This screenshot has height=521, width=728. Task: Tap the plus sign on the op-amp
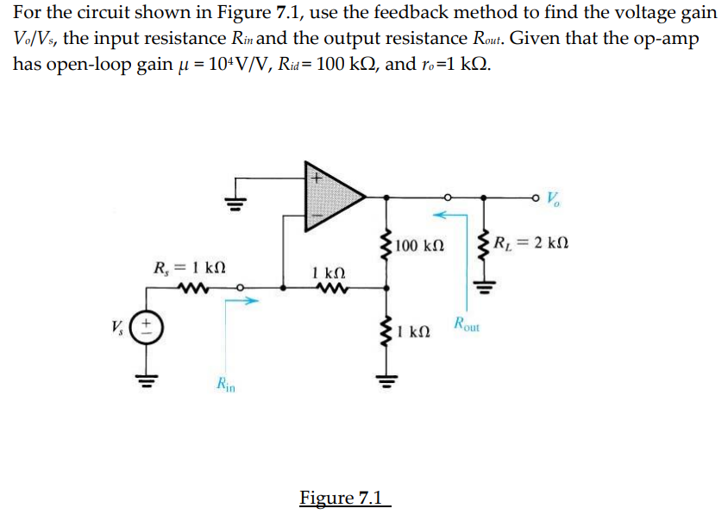coord(316,179)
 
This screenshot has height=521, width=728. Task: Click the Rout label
coord(470,327)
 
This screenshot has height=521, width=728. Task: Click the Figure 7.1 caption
coord(344,498)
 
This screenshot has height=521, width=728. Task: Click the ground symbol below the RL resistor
coord(484,286)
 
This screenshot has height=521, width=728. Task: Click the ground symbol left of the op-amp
coord(231,204)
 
